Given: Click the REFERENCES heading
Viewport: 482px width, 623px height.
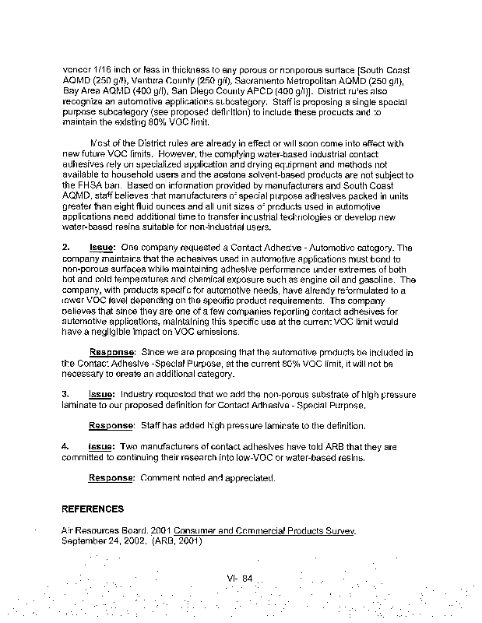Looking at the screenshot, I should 93,509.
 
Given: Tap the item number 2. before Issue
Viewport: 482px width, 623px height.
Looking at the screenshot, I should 66,248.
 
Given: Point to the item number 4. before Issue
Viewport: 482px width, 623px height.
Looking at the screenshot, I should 66,448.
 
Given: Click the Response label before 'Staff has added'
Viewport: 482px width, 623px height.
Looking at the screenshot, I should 111,426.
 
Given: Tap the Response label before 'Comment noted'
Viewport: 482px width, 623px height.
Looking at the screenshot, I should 111,477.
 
